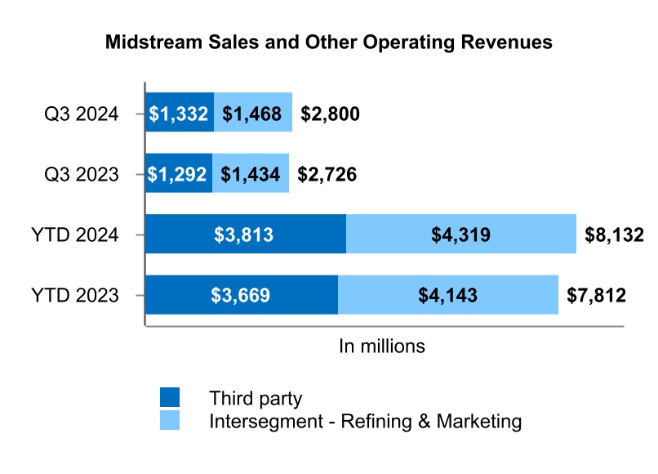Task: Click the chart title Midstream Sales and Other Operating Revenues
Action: pos(329,43)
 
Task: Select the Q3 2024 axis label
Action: pos(82,114)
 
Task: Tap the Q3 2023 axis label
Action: pos(82,174)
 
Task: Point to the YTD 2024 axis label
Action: pos(77,235)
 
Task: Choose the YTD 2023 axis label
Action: pos(77,295)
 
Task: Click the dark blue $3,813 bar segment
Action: pos(246,235)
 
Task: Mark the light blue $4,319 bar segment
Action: pos(461,235)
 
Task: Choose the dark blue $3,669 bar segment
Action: pos(242,295)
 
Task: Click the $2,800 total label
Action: pos(331,114)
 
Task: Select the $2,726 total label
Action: pos(327,174)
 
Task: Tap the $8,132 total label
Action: pos(615,235)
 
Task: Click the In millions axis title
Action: pos(382,346)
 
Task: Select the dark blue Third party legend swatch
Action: pos(170,398)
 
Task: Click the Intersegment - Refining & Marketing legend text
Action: pos(365,422)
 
